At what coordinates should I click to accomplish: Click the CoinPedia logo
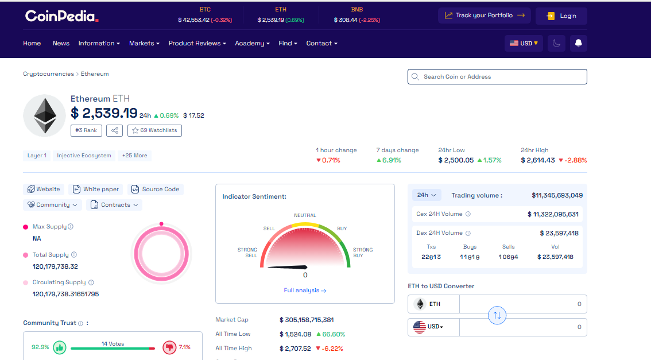tap(61, 16)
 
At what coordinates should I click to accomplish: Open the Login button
tap(561, 16)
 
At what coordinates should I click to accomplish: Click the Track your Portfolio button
tap(484, 16)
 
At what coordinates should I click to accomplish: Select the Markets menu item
tap(144, 44)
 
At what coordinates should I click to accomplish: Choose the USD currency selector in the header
tap(524, 44)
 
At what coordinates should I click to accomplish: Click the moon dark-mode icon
tap(556, 44)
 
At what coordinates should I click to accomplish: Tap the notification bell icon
tap(579, 44)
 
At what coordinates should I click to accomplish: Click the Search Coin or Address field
tap(497, 76)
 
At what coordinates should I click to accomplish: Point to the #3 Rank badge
tap(86, 130)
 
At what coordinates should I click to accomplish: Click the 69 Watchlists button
tap(154, 130)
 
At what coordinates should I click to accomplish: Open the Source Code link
tap(155, 189)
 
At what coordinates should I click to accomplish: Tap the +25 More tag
tap(134, 156)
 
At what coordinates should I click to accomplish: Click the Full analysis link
tap(305, 291)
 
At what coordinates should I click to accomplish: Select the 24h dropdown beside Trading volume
tap(427, 195)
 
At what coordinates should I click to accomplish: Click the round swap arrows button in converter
tap(497, 315)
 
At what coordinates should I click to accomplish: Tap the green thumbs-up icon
tap(60, 347)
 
